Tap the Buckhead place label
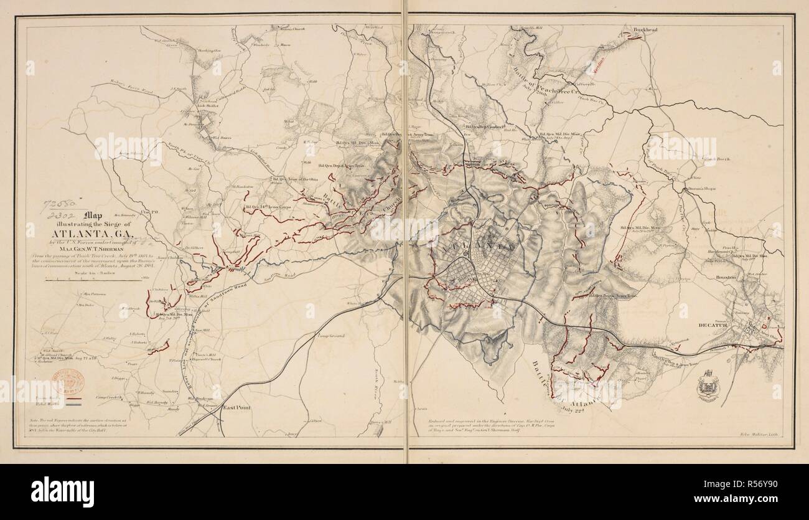coord(637,29)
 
